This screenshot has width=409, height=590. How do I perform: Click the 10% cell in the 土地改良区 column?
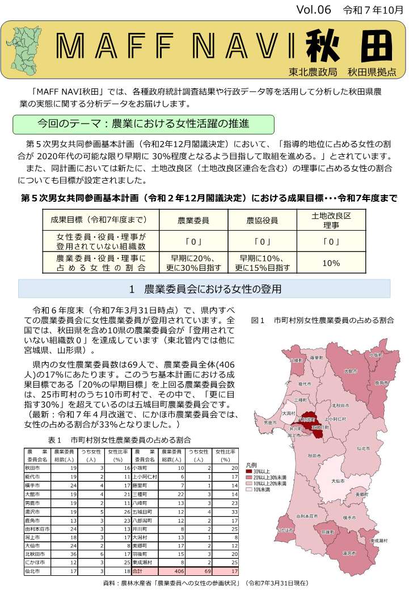point(331,263)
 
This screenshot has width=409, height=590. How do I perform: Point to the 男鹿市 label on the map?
point(270,422)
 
